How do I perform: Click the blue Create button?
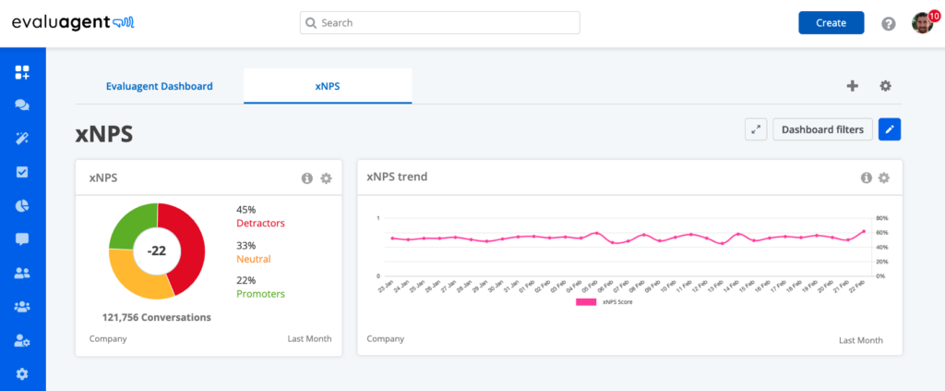831,23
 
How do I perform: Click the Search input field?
439,23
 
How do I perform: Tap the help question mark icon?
889,24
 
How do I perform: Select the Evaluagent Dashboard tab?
160,86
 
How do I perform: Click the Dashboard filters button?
822,130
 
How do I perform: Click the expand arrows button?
756,130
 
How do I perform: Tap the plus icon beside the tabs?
852,86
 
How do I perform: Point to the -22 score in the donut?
157,250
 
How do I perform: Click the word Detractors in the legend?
261,224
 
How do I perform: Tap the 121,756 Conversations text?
157,317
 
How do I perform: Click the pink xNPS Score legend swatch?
586,301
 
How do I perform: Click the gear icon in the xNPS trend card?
883,178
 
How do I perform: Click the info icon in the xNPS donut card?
307,178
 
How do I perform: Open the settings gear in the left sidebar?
22,373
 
